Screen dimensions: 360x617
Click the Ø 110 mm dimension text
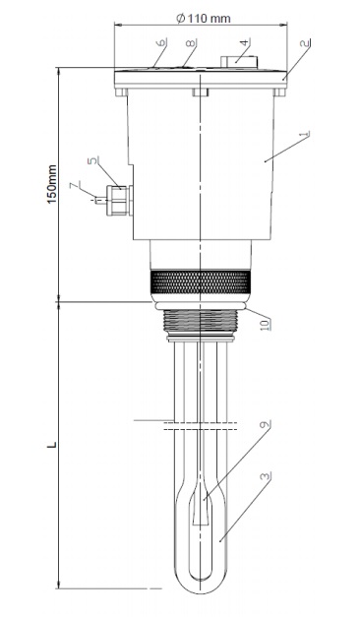pyautogui.click(x=204, y=18)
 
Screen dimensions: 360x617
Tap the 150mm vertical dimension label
pyautogui.click(x=52, y=184)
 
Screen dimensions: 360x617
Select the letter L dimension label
pyautogui.click(x=52, y=445)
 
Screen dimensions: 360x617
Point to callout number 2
pyautogui.click(x=305, y=43)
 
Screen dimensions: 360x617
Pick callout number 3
pyautogui.click(x=266, y=476)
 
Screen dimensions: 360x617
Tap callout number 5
pyautogui.click(x=92, y=161)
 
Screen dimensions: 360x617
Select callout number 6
pyautogui.click(x=161, y=42)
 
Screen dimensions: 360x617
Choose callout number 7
pyautogui.click(x=75, y=185)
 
